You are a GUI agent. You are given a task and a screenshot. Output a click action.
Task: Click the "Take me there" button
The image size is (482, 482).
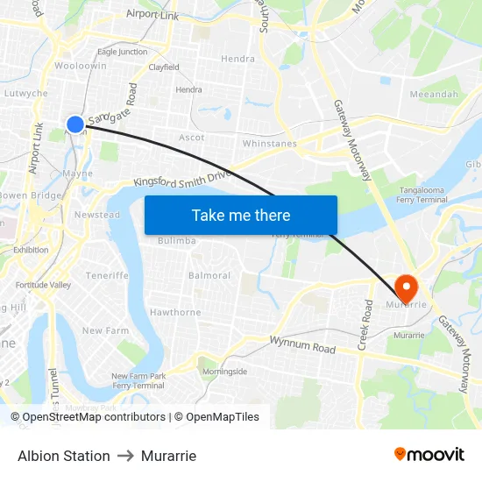coord(241,216)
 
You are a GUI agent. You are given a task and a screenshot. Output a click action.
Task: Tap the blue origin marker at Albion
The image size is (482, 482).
coord(75,125)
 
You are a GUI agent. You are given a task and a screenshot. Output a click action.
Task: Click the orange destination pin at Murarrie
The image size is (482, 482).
coord(406,287)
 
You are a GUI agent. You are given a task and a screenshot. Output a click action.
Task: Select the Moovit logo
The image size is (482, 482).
coord(429,455)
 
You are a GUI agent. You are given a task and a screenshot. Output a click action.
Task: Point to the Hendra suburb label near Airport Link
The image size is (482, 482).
coord(238,59)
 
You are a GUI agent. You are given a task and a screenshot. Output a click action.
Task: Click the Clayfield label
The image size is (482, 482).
coord(164,67)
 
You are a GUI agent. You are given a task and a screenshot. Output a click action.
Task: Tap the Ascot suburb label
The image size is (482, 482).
coord(192,138)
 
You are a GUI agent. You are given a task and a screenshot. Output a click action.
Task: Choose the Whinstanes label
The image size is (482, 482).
coord(269,143)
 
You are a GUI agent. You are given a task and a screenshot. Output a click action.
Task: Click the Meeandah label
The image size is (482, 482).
coord(434,95)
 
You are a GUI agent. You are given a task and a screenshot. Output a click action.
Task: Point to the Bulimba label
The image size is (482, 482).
coord(176,241)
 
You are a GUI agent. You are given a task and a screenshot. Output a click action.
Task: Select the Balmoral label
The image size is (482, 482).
coord(209,275)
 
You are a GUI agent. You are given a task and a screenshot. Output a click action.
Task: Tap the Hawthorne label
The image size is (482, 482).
coord(175,312)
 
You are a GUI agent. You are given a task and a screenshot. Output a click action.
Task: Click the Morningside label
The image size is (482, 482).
coord(225,372)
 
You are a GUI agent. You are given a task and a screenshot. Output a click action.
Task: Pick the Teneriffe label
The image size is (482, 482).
coord(107,275)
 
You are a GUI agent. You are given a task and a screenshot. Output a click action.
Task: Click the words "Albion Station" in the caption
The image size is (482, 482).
coord(64,456)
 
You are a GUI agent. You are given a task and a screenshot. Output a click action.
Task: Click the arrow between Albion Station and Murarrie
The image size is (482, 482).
coord(125,456)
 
